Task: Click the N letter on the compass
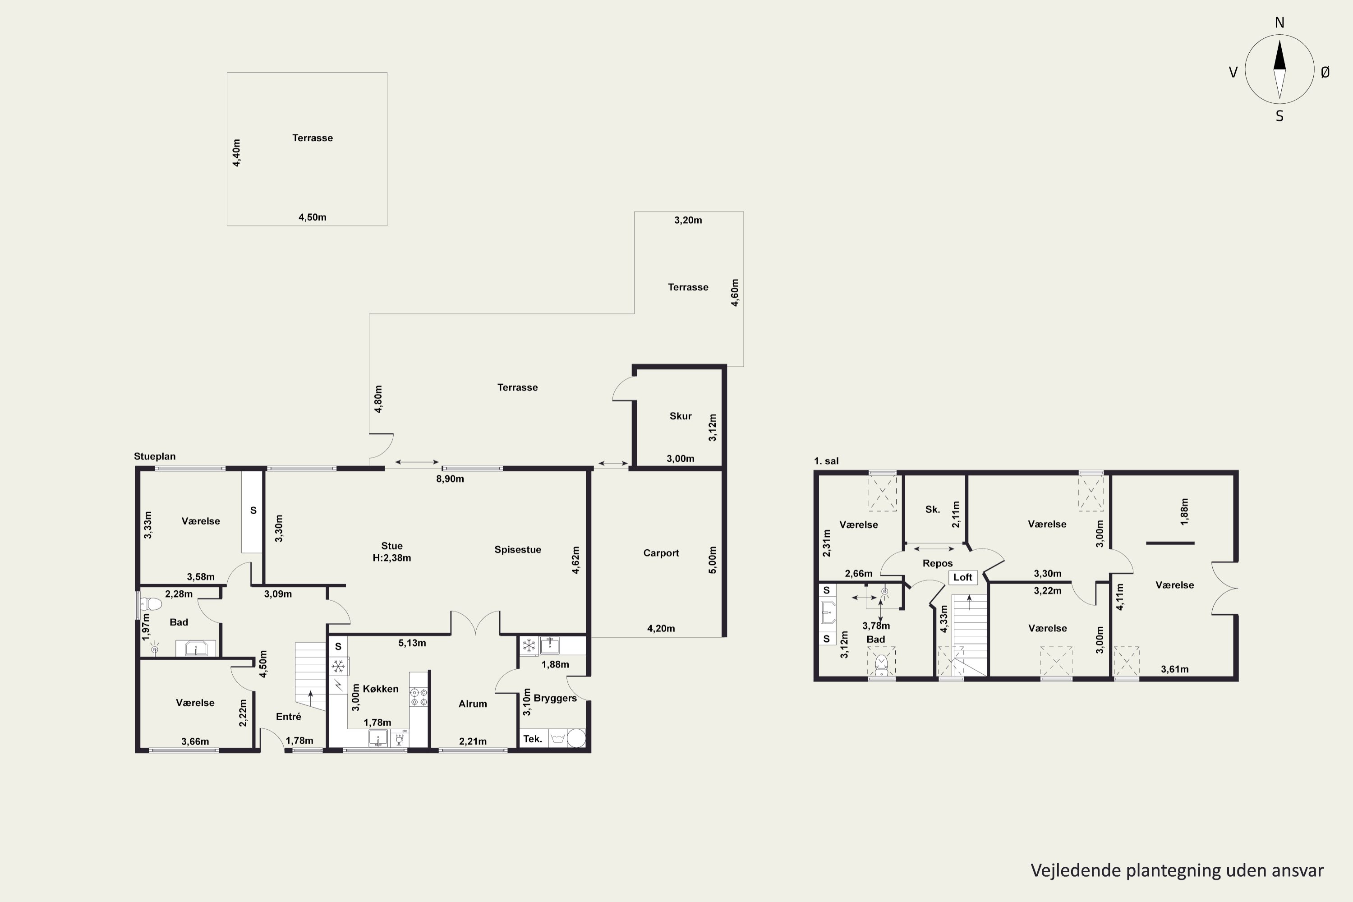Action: (x=1279, y=23)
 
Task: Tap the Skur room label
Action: (x=681, y=416)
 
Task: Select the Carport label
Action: (x=661, y=553)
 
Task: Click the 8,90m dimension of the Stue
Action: (x=450, y=479)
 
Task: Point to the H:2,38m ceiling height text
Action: (x=392, y=557)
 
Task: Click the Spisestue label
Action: (x=518, y=549)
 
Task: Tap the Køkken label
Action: (x=381, y=689)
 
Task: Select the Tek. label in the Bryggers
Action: (x=533, y=739)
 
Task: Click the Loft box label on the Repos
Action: (x=963, y=577)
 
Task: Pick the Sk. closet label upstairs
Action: (x=933, y=509)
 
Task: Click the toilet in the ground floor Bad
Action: (x=151, y=604)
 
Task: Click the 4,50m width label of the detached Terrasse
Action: (x=313, y=217)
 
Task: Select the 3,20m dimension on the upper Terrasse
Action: (x=688, y=220)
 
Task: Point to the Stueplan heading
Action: (x=155, y=456)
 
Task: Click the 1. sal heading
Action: (x=826, y=461)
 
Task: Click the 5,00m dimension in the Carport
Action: (x=713, y=560)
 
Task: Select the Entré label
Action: (x=288, y=716)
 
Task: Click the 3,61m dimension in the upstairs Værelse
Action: (x=1175, y=669)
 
